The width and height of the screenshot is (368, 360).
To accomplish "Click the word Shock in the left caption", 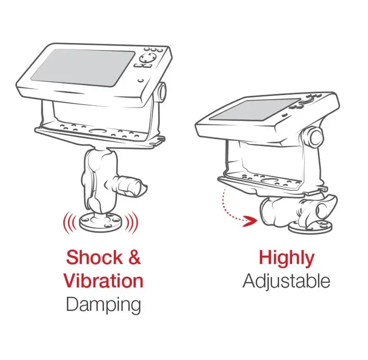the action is click(94, 258).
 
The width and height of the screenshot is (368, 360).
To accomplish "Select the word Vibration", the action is click(103, 281).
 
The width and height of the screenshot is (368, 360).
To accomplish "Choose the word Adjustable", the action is click(286, 282).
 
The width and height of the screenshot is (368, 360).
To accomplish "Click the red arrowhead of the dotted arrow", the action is click(250, 221).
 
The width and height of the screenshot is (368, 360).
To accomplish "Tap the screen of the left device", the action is click(83, 67).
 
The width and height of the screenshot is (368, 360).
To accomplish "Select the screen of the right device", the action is click(254, 110).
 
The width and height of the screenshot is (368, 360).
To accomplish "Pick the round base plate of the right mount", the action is click(310, 226).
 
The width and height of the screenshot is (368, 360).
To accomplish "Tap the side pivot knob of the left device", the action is click(162, 91).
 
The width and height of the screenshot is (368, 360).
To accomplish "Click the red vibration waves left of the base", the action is click(70, 223).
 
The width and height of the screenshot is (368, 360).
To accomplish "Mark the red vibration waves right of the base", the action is click(132, 223).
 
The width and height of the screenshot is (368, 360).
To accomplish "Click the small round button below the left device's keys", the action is click(140, 81).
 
